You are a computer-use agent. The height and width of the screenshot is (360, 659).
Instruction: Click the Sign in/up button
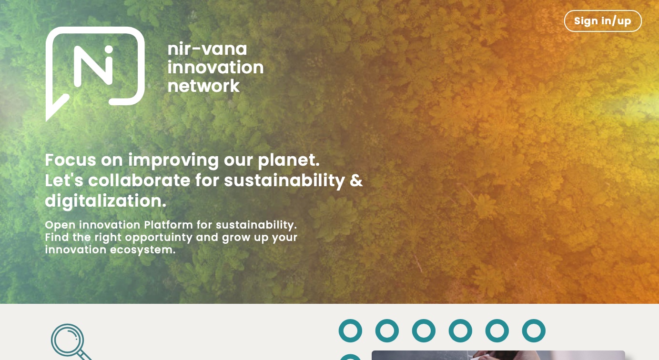602,21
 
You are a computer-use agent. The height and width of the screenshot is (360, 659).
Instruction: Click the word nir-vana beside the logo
207,49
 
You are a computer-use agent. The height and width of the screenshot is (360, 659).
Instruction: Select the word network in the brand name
203,86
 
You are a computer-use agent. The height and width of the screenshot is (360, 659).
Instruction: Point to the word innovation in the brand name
215,67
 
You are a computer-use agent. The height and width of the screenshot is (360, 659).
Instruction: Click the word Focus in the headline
71,160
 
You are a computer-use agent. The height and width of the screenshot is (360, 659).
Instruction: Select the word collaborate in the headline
139,180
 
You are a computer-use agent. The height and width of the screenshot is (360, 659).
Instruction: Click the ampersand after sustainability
356,180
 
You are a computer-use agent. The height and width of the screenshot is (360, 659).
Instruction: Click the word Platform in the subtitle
168,225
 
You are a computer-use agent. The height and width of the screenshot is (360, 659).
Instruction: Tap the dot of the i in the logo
109,50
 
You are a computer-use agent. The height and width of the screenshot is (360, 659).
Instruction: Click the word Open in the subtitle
61,225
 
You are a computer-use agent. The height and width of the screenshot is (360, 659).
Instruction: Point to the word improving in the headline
173,161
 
